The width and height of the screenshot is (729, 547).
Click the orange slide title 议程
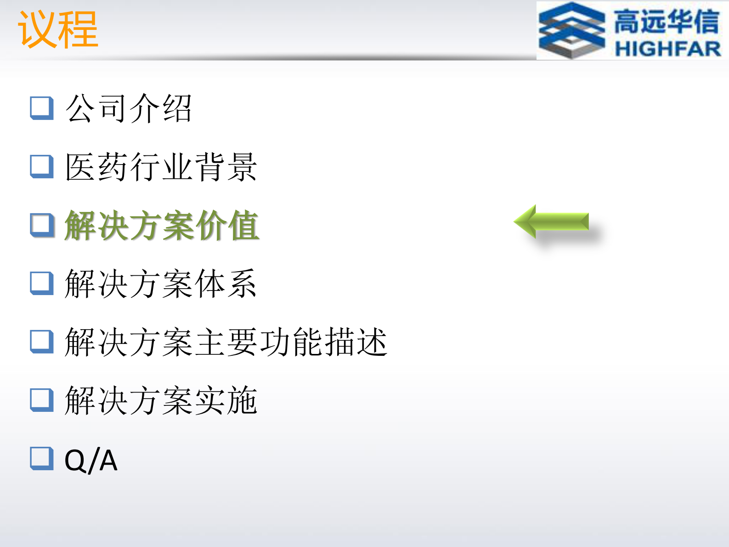tap(58, 29)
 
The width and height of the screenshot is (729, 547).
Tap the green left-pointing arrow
tap(551, 222)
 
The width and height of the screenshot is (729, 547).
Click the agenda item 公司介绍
tap(128, 108)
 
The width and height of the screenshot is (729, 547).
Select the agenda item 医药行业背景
tap(161, 167)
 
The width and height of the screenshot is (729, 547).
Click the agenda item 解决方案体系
tap(161, 284)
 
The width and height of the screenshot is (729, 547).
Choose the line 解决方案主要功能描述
tap(226, 342)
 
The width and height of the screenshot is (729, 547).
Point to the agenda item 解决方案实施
tap(161, 400)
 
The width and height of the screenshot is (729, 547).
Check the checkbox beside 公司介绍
tap(42, 108)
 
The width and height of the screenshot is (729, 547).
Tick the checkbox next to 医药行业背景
tap(42, 166)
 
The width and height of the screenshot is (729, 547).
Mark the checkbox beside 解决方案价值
tap(42, 225)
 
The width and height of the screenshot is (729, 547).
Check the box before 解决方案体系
tap(42, 283)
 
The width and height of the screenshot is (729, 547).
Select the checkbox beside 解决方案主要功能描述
tap(42, 342)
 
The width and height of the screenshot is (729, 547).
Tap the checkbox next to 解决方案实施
tap(42, 400)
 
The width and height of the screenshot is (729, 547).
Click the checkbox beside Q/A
tap(42, 458)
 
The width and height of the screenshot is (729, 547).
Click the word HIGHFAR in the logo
tap(667, 48)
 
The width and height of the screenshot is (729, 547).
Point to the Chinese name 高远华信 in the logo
tap(667, 22)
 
